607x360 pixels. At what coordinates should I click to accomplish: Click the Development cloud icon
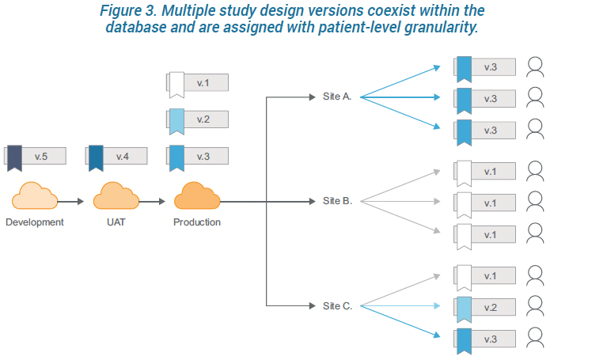pyautogui.click(x=34, y=195)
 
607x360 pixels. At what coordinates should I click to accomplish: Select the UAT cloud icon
pyautogui.click(x=116, y=195)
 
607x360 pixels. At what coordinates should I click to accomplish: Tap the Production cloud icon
pyautogui.click(x=196, y=195)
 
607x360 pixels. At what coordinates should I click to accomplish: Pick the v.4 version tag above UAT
pyautogui.click(x=116, y=157)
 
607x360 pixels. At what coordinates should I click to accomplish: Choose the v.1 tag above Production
pyautogui.click(x=197, y=82)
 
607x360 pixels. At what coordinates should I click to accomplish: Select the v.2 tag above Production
pyautogui.click(x=197, y=119)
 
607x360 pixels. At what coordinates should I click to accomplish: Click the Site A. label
pyautogui.click(x=337, y=97)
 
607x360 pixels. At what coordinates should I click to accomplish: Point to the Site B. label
pyautogui.click(x=337, y=201)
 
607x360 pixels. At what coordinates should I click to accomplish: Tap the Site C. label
pyautogui.click(x=337, y=305)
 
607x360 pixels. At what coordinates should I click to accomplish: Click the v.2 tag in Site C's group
pyautogui.click(x=485, y=307)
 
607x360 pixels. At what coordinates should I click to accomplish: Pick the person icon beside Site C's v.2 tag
pyautogui.click(x=536, y=305)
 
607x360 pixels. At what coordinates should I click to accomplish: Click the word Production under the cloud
pyautogui.click(x=197, y=222)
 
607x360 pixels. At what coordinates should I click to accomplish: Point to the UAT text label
pyautogui.click(x=116, y=222)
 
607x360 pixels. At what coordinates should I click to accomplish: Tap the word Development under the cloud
pyautogui.click(x=35, y=222)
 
